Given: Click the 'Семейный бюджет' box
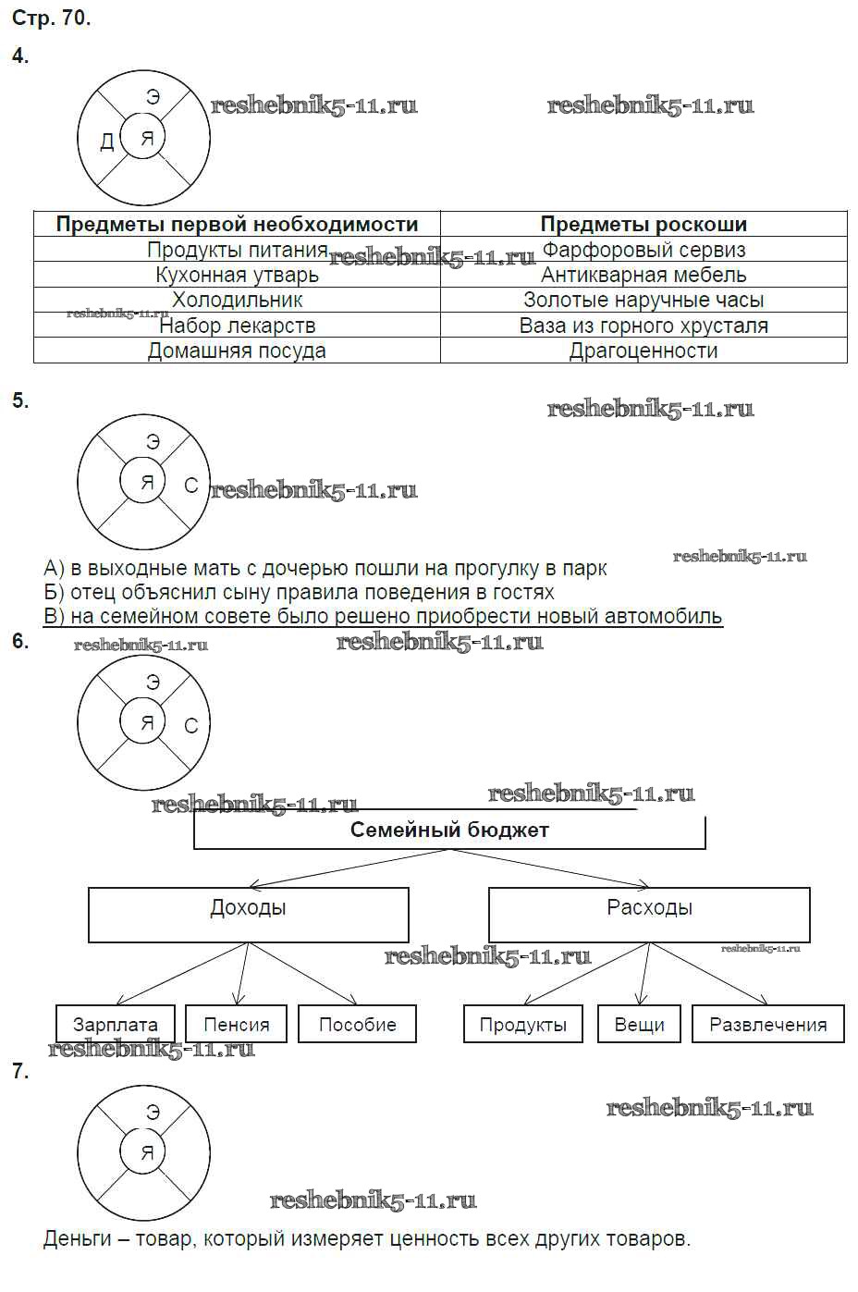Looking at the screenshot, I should tap(449, 831).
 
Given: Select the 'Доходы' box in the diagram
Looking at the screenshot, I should tap(248, 914).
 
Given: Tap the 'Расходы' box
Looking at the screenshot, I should tap(649, 914).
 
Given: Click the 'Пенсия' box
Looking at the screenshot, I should tap(237, 1024).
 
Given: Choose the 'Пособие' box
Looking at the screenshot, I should tap(357, 1024).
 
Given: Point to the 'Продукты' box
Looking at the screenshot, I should tap(523, 1024).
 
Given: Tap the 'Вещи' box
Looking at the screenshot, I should tap(640, 1024).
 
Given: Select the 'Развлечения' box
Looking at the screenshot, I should tap(767, 1024).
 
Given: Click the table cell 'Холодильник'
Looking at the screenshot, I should tap(237, 300).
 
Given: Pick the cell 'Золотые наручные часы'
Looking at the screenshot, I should tap(643, 300).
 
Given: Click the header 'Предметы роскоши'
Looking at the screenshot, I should tap(643, 224).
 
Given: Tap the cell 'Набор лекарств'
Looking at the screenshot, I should tap(237, 326).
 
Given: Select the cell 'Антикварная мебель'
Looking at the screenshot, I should tap(643, 275).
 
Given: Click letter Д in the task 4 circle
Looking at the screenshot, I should tap(106, 141).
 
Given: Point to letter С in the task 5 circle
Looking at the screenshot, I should tap(190, 485).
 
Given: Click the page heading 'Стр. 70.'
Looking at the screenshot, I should tap(51, 18).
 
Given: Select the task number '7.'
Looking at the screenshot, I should tap(20, 1071).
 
